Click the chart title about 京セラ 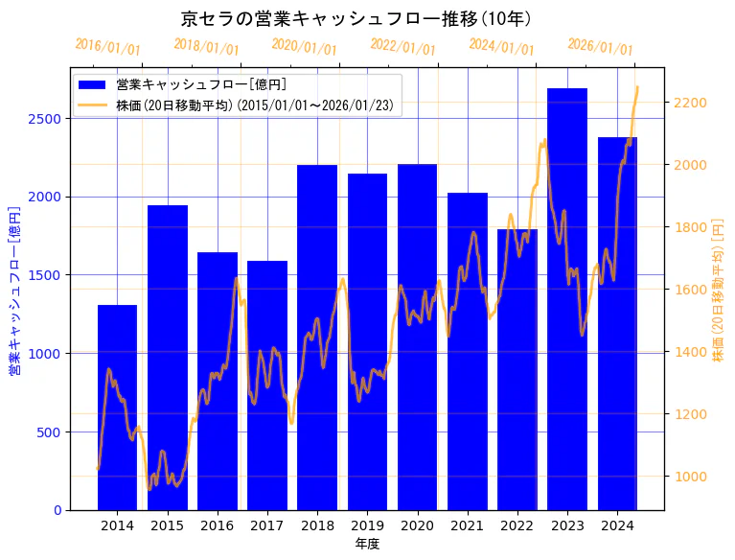click(356, 18)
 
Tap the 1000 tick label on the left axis click(47, 354)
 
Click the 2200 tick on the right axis click(690, 103)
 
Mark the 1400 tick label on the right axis click(690, 352)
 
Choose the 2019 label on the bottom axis click(367, 525)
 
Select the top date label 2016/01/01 click(107, 47)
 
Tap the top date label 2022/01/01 click(402, 47)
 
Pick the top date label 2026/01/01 click(600, 47)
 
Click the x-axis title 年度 click(367, 544)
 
